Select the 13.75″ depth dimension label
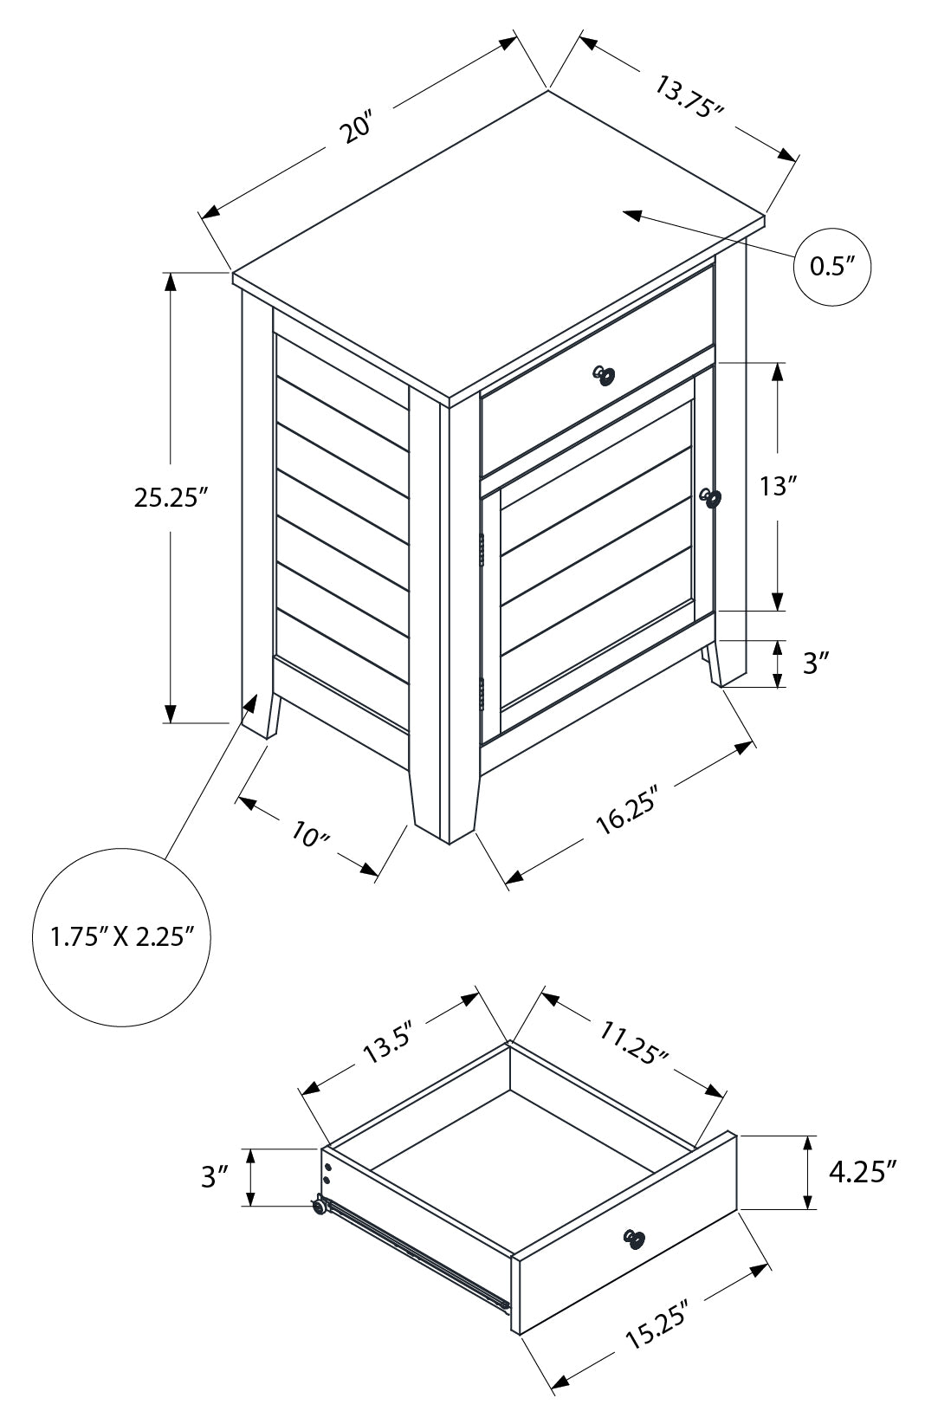(x=689, y=99)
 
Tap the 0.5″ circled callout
(x=832, y=267)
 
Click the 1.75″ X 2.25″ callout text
(x=120, y=936)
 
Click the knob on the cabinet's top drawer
(x=604, y=375)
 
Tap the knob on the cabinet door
(x=711, y=498)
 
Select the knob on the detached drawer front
(x=634, y=1240)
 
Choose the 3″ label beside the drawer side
(x=214, y=1176)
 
